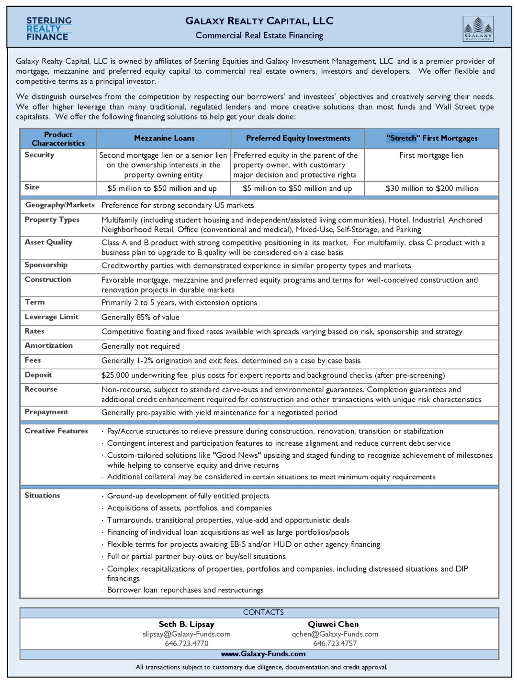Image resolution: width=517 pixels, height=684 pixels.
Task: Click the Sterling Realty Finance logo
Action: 49,29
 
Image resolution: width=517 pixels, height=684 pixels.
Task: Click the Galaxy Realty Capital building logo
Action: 478,29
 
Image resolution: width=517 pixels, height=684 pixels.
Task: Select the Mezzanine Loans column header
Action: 164,138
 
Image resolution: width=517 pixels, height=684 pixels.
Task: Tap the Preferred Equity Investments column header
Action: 298,138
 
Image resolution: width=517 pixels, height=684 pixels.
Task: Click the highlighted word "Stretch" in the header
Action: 402,138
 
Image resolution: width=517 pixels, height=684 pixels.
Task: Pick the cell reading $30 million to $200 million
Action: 432,188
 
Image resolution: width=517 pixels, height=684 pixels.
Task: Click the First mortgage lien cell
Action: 431,155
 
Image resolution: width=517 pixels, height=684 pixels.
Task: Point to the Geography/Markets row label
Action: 60,205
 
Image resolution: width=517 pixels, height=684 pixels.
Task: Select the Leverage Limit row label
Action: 51,317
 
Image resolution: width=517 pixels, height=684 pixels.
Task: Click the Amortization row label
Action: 48,345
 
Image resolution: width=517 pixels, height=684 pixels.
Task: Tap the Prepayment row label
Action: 46,412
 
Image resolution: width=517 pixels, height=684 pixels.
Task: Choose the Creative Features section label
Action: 56,431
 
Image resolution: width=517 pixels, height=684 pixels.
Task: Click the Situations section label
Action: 42,496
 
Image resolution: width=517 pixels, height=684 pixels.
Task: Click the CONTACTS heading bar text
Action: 263,612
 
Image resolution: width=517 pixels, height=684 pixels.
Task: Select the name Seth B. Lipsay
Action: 186,624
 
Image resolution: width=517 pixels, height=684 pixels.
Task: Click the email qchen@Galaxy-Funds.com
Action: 335,634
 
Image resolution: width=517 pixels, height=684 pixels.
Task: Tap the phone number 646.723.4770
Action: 186,644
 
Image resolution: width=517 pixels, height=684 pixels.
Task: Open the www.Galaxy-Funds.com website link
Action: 263,654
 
